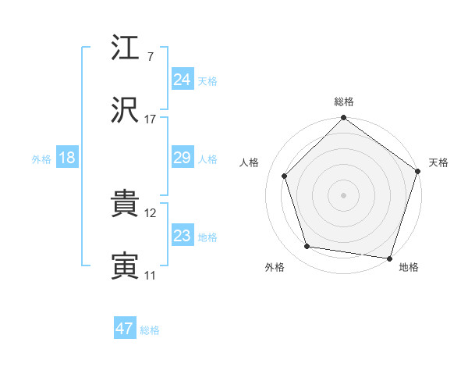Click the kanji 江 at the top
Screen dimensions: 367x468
[x=126, y=50]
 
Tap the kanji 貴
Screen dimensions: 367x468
[x=126, y=205]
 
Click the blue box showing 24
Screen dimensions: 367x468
[x=183, y=79]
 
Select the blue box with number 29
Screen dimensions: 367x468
[x=183, y=158]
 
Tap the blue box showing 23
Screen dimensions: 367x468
[x=183, y=236]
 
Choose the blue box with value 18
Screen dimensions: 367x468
[x=67, y=158]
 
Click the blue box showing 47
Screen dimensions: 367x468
[x=125, y=329]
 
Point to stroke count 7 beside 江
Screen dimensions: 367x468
[x=150, y=56]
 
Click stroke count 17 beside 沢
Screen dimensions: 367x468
[x=151, y=119]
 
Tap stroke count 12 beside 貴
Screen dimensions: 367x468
[x=151, y=212]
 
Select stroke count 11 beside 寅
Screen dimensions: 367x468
[x=151, y=275]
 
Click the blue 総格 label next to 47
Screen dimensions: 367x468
[x=150, y=330]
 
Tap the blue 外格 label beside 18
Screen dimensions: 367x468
[x=41, y=159]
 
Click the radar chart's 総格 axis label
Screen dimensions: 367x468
[x=344, y=102]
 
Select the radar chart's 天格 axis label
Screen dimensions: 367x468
[x=439, y=162]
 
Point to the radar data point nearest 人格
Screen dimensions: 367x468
[x=285, y=176]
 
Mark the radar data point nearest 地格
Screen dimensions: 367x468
[x=389, y=258]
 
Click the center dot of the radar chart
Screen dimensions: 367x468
[x=344, y=194]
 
